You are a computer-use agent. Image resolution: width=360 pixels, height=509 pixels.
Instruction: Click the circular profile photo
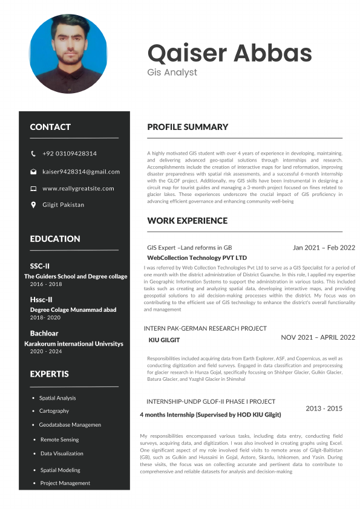click(68, 54)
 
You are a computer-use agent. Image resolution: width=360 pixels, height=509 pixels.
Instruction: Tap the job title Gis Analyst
click(172, 73)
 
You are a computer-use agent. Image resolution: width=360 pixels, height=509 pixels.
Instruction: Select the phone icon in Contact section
click(33, 154)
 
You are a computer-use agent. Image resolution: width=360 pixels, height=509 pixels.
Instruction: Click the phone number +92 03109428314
click(70, 154)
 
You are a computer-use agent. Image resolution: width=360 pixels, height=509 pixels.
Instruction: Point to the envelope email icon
click(33, 172)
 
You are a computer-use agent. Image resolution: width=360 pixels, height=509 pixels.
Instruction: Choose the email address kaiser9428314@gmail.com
click(81, 172)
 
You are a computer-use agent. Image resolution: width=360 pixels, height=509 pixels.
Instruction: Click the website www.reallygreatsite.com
click(78, 189)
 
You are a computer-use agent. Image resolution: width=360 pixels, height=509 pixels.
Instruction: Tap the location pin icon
click(33, 205)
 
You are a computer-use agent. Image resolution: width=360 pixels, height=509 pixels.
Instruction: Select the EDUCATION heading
click(55, 239)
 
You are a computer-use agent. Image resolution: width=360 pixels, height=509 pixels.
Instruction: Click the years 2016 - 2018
click(46, 284)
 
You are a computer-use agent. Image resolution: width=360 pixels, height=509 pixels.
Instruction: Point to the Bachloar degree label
click(44, 333)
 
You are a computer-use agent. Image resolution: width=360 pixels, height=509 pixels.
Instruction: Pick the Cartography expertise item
click(54, 411)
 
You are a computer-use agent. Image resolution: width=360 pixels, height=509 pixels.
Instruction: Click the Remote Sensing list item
click(59, 439)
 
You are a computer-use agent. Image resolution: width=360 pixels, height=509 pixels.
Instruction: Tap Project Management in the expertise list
click(65, 483)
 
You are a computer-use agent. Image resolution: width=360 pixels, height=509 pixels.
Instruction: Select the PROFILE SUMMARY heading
click(188, 127)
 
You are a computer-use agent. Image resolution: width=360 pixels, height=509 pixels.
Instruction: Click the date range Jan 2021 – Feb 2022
click(324, 247)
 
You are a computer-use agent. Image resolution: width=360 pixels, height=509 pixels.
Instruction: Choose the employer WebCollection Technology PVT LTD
click(197, 258)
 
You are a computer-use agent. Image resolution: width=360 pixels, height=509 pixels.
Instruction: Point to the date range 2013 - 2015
click(324, 409)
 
